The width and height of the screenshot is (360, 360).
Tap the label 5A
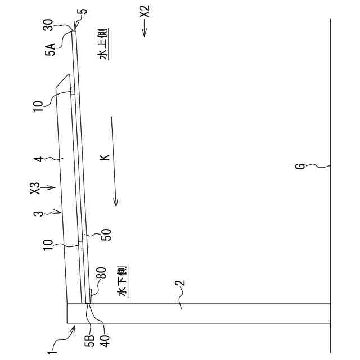point(50,49)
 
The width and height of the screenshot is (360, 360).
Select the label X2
point(145,11)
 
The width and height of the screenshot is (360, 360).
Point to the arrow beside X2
point(145,28)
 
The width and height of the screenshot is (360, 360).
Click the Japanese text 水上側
point(103,44)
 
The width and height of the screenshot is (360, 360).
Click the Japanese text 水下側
point(123,281)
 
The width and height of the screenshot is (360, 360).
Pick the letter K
point(105,157)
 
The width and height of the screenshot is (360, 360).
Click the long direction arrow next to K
point(114,161)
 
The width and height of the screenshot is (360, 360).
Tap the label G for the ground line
point(300,166)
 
